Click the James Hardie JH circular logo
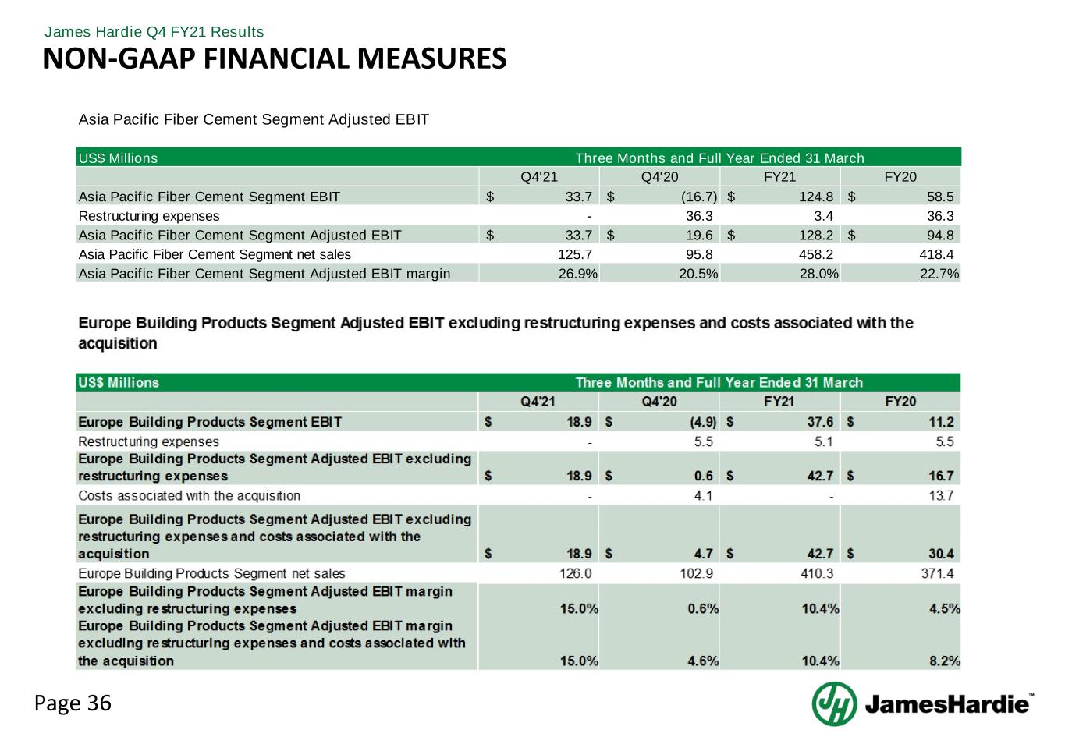(834, 703)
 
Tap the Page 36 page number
(73, 703)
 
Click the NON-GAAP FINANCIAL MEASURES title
(275, 58)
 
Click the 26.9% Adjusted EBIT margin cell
(578, 273)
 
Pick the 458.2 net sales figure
(818, 254)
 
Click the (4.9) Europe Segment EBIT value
(700, 422)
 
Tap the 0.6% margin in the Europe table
(703, 608)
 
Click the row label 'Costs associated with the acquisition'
(189, 495)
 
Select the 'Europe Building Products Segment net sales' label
(211, 573)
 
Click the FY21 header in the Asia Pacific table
(779, 177)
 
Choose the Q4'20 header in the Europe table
(659, 402)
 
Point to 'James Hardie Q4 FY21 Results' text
(154, 32)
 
